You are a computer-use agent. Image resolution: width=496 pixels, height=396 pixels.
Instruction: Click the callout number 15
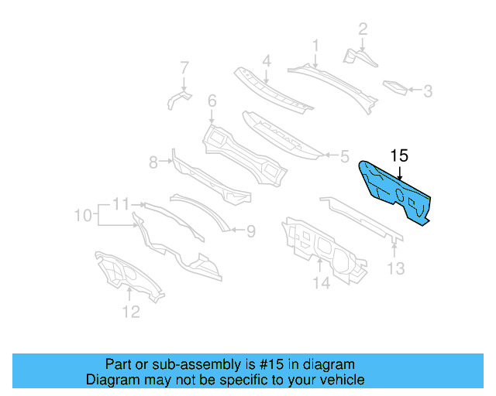point(398,155)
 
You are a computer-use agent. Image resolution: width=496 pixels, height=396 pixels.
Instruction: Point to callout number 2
point(362,30)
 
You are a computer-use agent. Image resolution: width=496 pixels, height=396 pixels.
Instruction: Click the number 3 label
point(427,91)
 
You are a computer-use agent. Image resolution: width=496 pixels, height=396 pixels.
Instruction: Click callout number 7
point(184,67)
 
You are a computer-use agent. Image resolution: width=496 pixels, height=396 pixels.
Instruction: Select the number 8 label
point(153,162)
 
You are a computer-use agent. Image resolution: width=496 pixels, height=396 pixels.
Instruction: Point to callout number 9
point(250,229)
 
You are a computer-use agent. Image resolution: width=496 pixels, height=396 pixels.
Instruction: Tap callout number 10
point(82,213)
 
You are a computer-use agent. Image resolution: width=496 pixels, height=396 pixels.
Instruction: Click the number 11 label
point(119,204)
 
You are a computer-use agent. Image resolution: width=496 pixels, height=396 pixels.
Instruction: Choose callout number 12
point(131,312)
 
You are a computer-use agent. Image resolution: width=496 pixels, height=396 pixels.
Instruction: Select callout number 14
point(322,284)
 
